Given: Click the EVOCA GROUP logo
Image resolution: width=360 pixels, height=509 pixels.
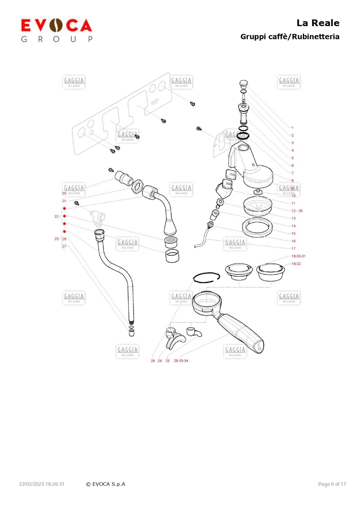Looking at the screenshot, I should click(56, 30).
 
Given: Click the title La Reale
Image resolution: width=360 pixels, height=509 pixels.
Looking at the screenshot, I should click(318, 23).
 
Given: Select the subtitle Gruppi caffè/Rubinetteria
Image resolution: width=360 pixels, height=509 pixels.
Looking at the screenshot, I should click(289, 37).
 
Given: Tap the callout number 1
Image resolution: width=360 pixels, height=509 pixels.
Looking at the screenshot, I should click(292, 128).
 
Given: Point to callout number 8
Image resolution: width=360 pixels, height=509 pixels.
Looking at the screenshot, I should click(292, 181).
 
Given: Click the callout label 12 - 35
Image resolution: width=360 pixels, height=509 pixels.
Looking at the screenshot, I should click(297, 211).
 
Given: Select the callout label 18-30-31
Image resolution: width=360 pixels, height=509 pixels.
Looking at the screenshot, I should click(298, 256).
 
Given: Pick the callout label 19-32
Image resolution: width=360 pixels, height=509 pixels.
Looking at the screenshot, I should click(296, 264).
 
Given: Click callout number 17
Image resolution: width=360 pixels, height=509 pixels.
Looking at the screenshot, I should click(293, 249).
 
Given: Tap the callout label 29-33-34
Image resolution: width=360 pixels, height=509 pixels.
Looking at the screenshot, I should click(181, 361).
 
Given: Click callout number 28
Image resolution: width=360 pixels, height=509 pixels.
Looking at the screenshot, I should click(153, 361).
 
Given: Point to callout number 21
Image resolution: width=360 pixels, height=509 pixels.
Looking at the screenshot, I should click(64, 201).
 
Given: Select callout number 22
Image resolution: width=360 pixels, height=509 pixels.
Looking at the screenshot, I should click(56, 216).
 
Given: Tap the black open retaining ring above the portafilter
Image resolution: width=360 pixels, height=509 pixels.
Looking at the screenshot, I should click(206, 277).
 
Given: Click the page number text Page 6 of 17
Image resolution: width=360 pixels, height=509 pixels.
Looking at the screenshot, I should click(332, 484).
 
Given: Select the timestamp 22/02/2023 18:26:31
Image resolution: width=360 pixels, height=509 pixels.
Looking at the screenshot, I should click(42, 484).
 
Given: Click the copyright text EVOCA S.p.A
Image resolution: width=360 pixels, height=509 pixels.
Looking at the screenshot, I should click(106, 484).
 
